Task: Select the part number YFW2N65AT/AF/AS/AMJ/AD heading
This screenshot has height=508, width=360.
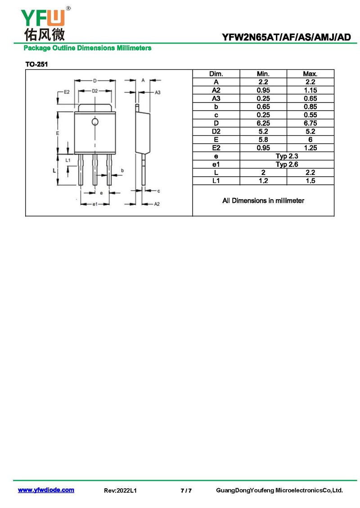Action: tap(286, 38)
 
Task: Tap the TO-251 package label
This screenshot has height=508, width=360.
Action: tap(36, 64)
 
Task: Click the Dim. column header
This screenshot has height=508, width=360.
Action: tap(216, 74)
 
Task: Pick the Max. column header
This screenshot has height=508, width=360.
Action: tap(310, 74)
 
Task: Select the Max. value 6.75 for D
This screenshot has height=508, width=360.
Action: tap(310, 123)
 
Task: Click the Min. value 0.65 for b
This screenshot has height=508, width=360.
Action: tap(263, 107)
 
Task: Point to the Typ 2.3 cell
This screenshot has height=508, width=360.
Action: tap(287, 156)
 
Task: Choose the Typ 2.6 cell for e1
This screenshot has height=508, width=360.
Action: tap(287, 164)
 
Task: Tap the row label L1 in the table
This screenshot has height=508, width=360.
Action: tap(216, 181)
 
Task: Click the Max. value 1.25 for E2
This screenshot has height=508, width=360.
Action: tap(310, 148)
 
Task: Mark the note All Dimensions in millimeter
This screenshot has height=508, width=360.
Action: tap(263, 201)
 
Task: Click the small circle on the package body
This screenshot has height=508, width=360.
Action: tap(95, 122)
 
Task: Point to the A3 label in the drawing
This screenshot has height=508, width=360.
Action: tap(157, 92)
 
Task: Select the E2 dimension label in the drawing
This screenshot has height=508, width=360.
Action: tap(67, 92)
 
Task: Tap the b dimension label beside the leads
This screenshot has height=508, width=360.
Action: tap(122, 170)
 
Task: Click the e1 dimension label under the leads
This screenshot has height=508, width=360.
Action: tap(94, 204)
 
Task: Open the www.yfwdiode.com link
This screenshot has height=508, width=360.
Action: tap(46, 490)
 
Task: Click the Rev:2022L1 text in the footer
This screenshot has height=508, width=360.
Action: tap(120, 490)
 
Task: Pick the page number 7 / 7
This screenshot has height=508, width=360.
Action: tap(186, 490)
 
